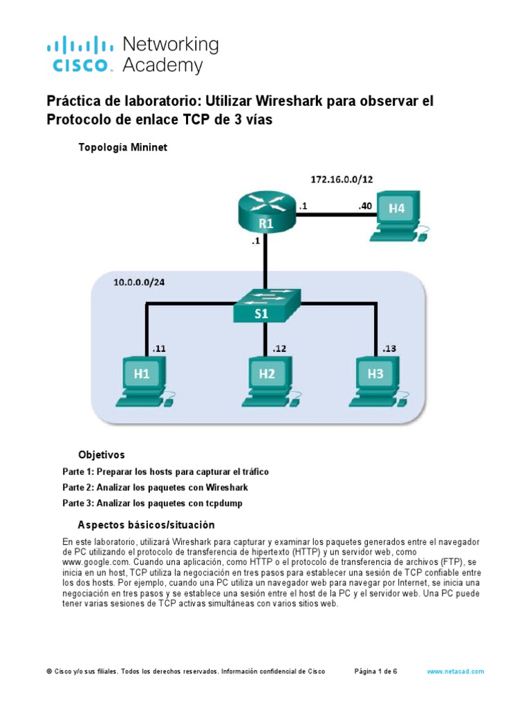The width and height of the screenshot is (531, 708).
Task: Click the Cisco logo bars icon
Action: [80, 46]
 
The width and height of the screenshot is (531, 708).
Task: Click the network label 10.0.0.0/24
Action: [139, 283]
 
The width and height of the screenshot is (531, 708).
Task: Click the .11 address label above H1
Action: [159, 349]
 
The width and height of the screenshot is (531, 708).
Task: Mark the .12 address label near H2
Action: [280, 349]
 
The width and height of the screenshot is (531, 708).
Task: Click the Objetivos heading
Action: [102, 455]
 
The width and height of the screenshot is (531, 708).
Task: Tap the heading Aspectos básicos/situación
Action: [146, 525]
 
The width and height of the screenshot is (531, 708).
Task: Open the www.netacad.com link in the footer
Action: [455, 671]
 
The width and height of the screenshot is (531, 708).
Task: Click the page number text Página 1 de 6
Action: [375, 671]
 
